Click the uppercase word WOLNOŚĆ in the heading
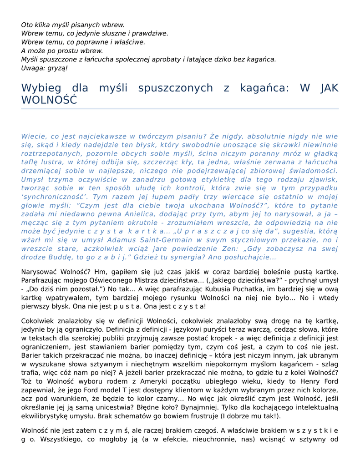pos(49,100)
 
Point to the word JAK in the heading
pos(330,88)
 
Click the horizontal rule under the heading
pos(180,109)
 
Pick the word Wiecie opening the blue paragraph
pos(32,136)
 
